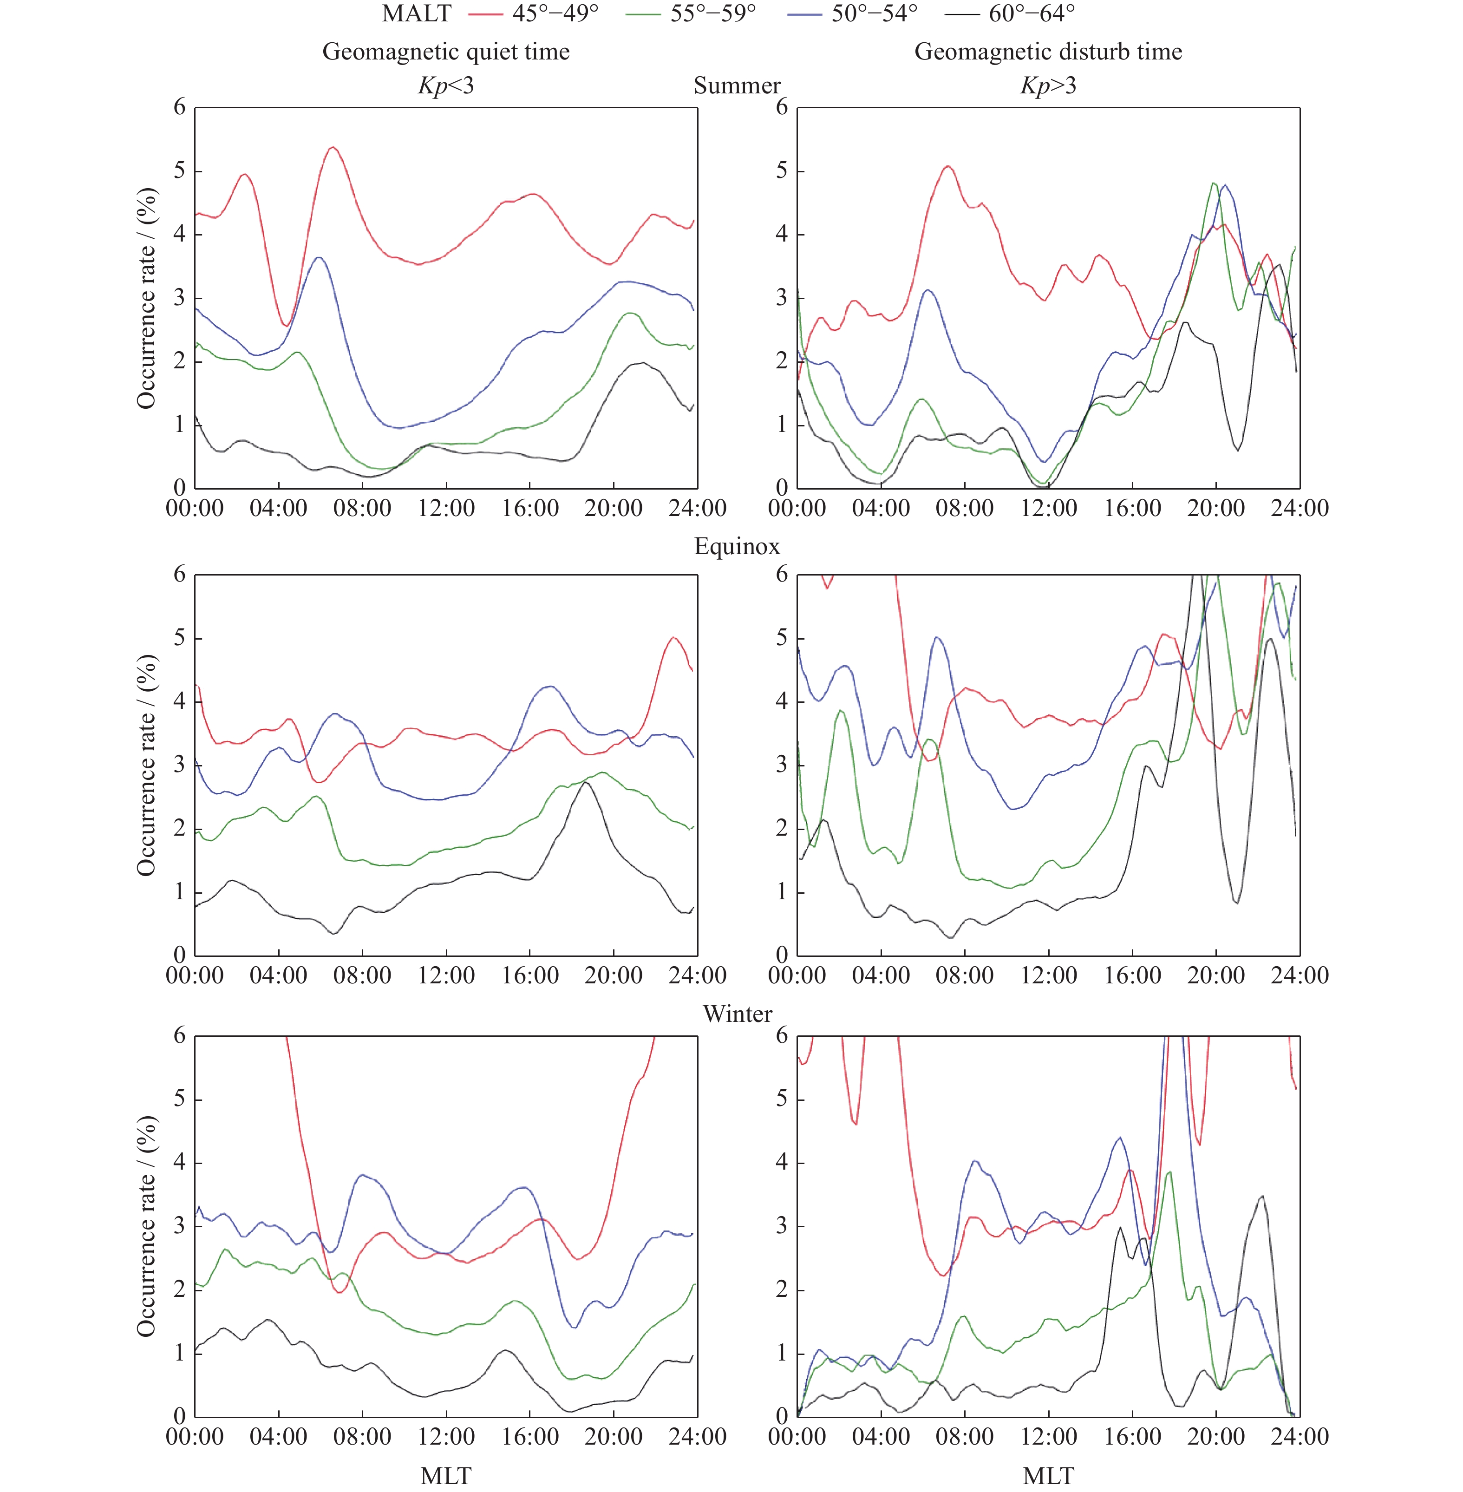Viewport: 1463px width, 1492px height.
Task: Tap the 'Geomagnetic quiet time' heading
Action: [446, 52]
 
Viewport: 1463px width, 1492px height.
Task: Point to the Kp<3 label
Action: [446, 85]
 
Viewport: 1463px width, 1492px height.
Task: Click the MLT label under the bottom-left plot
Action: [446, 1475]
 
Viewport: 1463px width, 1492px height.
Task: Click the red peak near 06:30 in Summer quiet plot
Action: [333, 148]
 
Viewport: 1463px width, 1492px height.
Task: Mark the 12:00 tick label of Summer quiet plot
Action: [446, 508]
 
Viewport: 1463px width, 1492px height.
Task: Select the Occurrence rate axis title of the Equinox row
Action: [146, 765]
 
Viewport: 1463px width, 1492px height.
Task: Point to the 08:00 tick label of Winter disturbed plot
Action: [964, 1437]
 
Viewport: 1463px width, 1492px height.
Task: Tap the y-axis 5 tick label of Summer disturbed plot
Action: [782, 170]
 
